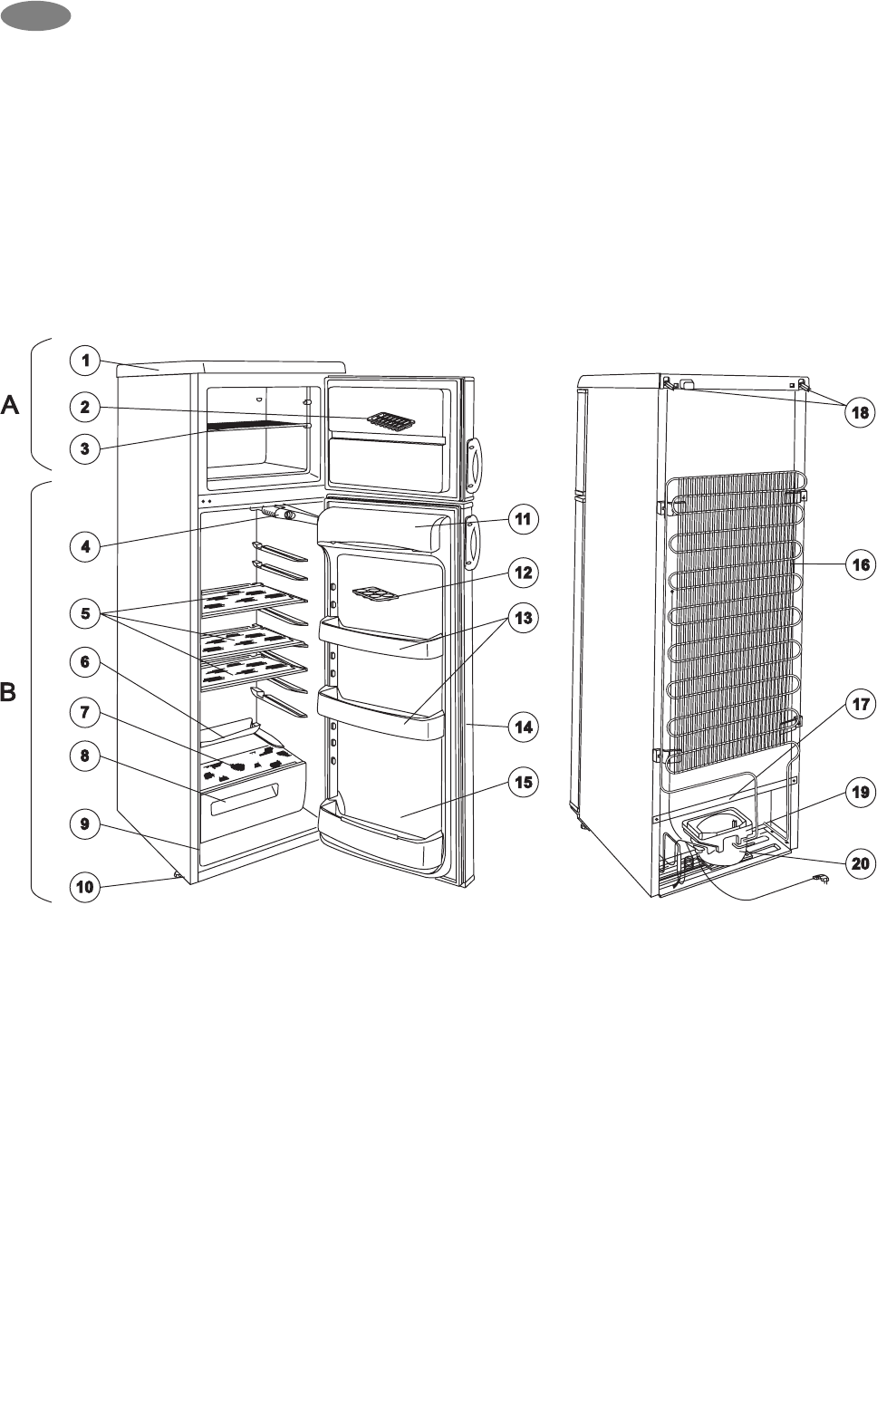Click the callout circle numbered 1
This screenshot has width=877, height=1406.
point(85,361)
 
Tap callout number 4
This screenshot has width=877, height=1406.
point(85,546)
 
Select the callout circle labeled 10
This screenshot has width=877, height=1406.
point(85,886)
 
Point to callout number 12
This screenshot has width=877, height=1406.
point(523,573)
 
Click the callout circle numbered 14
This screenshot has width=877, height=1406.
point(523,727)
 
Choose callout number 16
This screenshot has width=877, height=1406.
point(860,565)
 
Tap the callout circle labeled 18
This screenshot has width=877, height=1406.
point(860,412)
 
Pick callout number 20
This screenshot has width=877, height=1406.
point(860,863)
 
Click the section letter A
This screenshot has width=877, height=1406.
point(10,406)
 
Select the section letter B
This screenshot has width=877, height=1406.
point(8,692)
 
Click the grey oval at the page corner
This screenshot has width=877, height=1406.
point(35,15)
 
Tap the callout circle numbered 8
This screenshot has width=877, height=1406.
point(85,756)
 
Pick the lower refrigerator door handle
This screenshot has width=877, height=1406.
point(473,542)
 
